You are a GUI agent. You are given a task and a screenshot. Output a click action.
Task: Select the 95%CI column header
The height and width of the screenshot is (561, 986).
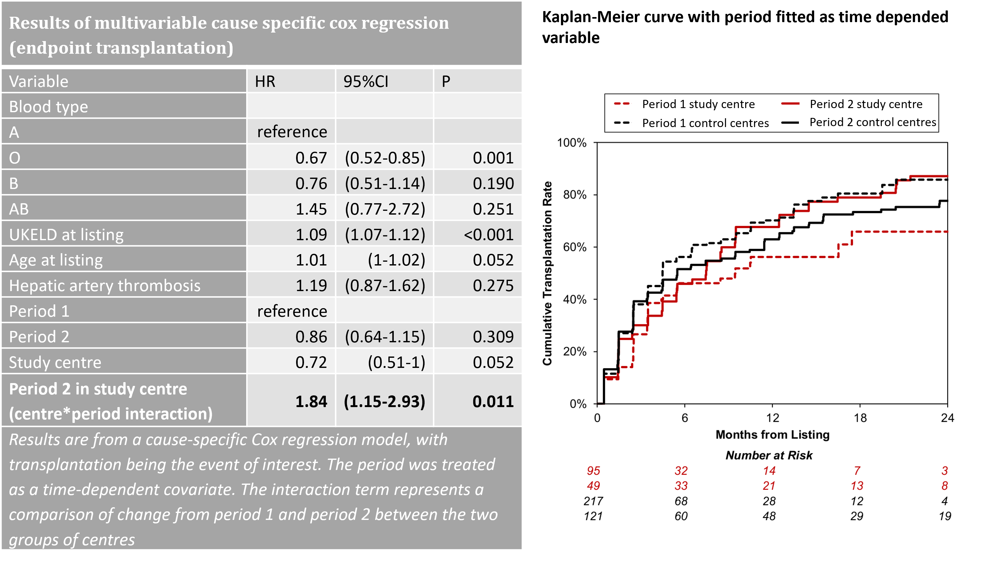click(366, 82)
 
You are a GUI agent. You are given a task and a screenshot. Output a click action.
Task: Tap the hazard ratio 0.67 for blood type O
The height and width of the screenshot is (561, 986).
click(311, 158)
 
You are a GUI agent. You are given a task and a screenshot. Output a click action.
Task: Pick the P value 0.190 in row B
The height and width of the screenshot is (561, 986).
click(493, 183)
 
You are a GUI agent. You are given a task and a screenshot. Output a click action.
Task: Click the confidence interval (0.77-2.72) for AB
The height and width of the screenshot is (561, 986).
click(385, 209)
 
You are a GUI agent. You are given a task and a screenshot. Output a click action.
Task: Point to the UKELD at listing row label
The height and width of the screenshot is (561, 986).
click(66, 235)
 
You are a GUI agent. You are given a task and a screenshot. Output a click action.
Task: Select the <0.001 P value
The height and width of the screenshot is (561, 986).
click(488, 235)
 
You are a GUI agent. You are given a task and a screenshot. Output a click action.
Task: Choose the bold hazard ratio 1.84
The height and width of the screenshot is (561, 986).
click(311, 401)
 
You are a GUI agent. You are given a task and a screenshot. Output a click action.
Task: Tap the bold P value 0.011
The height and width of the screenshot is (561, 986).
click(493, 401)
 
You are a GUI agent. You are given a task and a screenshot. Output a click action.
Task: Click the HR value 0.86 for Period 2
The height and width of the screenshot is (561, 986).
click(311, 337)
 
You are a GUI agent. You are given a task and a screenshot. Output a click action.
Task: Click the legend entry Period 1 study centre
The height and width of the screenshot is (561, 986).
click(698, 104)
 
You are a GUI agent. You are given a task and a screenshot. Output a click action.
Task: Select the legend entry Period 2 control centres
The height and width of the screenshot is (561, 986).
click(872, 122)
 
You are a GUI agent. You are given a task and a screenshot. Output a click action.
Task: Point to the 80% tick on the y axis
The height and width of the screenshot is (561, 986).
click(575, 195)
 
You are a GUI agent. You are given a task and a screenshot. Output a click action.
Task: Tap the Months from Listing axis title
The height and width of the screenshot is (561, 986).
click(772, 435)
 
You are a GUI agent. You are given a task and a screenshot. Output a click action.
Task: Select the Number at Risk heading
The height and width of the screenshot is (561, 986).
click(769, 455)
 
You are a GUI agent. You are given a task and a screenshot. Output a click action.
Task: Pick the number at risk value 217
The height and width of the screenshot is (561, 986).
click(593, 501)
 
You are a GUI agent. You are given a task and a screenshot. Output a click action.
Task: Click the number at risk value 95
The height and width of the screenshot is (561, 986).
click(593, 471)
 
